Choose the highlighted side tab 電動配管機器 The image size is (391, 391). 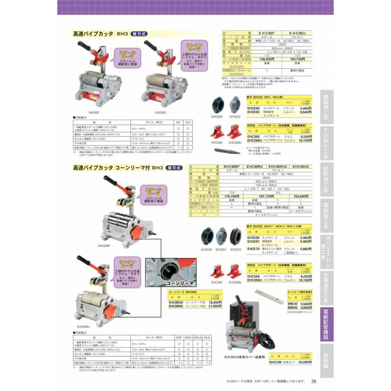(327, 325)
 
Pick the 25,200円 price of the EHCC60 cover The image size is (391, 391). (305, 362)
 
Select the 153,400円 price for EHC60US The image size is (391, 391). (301, 196)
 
